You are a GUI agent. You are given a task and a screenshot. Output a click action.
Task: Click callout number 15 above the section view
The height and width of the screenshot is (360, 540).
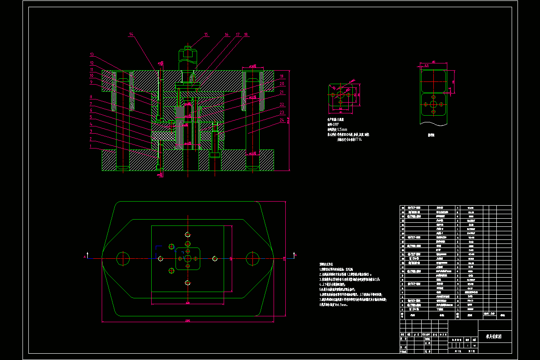(206, 34)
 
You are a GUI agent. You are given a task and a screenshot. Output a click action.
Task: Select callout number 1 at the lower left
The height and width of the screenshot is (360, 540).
(90, 146)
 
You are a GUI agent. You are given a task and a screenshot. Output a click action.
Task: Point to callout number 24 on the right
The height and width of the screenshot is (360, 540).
(282, 120)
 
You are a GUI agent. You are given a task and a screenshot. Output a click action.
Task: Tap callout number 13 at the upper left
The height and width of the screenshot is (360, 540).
(91, 54)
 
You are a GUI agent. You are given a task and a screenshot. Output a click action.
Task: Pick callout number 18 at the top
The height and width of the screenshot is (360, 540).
(246, 34)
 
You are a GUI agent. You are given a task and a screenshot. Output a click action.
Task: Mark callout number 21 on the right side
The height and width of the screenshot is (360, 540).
(282, 92)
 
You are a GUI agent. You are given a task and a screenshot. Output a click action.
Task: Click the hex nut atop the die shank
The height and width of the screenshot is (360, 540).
(188, 55)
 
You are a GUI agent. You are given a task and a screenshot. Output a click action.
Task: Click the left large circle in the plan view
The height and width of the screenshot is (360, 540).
(123, 258)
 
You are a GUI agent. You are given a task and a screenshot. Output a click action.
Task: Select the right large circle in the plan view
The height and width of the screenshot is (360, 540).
(252, 258)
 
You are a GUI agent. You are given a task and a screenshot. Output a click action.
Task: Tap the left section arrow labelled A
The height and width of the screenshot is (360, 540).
(85, 256)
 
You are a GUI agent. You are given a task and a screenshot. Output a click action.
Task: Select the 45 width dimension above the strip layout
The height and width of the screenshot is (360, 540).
(433, 62)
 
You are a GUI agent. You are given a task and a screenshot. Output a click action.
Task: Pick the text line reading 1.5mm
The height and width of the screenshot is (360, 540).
(337, 130)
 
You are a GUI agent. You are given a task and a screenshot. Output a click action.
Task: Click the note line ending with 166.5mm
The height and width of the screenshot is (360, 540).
(333, 305)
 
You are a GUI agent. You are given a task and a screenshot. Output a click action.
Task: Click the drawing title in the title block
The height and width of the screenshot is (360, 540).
(494, 336)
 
